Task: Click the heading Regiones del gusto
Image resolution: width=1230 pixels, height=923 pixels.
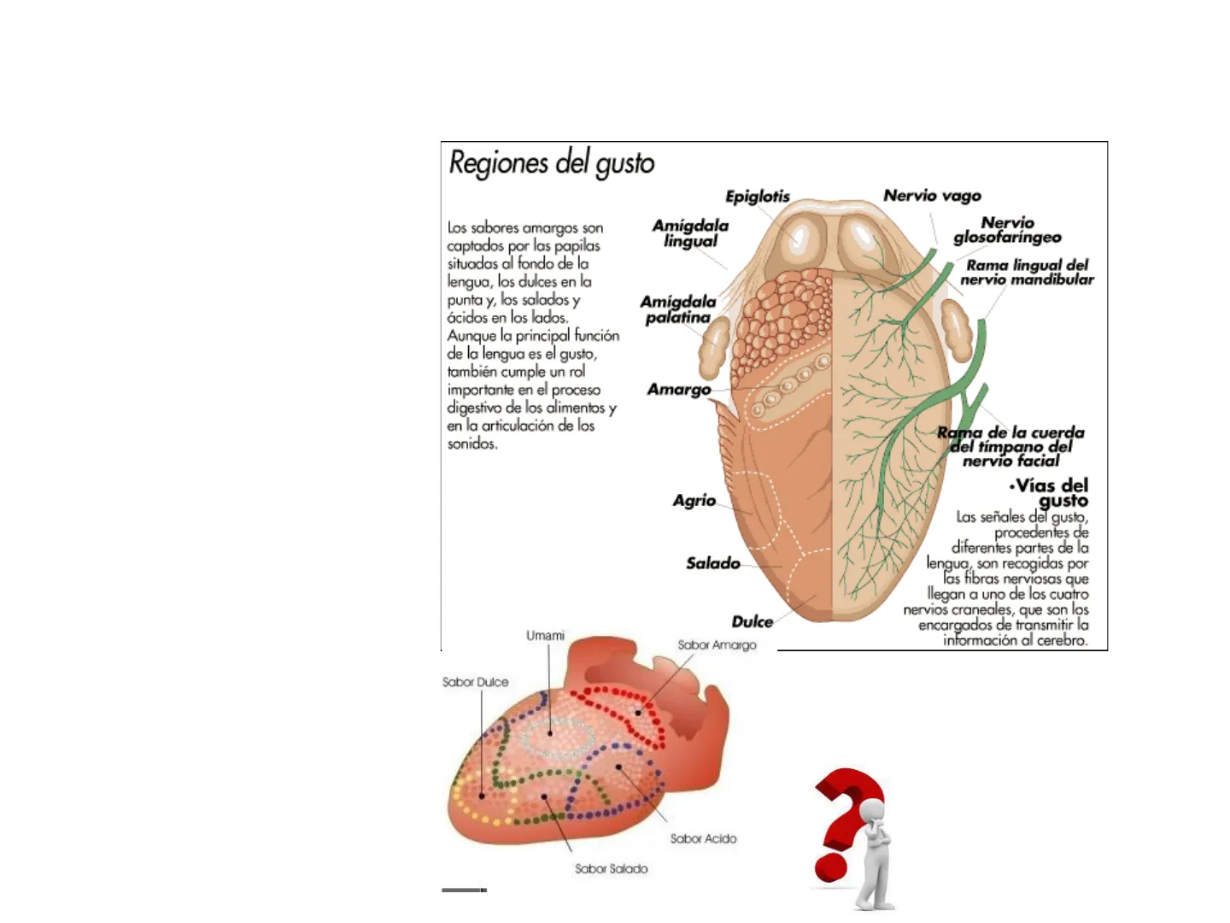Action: tap(552, 162)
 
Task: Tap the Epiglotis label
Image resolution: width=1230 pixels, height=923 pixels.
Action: tap(758, 197)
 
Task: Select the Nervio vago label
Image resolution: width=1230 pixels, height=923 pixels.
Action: tap(932, 196)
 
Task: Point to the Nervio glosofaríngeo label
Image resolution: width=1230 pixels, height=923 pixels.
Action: tap(1008, 230)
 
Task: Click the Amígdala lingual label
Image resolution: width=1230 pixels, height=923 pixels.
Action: tap(690, 233)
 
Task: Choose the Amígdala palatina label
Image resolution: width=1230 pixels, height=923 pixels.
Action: tap(678, 309)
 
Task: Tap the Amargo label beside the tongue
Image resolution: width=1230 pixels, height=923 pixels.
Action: tap(679, 390)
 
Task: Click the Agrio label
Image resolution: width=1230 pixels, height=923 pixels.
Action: tap(694, 501)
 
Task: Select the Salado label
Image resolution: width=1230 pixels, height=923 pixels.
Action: tap(713, 563)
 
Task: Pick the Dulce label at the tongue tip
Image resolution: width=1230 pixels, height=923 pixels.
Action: tap(752, 621)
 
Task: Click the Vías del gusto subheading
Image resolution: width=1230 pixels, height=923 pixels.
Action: tap(1051, 493)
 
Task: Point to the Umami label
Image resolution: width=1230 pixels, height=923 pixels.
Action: tap(545, 636)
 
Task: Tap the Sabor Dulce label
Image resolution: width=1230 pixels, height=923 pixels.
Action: tap(475, 682)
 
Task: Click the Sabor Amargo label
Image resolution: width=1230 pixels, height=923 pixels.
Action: tap(717, 645)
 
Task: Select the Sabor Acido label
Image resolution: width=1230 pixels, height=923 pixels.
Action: tap(703, 839)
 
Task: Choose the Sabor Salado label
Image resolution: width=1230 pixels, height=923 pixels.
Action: tap(611, 869)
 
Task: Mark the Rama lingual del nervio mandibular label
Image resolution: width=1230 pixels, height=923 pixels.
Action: tap(1027, 273)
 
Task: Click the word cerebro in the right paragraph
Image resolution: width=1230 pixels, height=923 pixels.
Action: tap(1063, 640)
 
